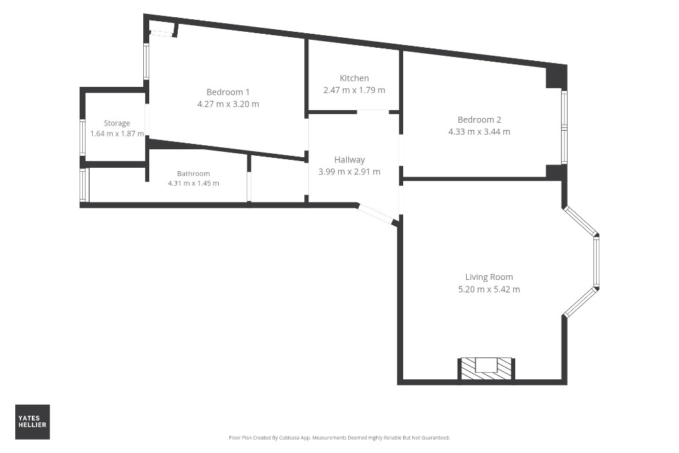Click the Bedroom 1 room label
228,92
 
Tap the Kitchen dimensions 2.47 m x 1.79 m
354,90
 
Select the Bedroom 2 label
479,119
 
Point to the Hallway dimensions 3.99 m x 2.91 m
349,172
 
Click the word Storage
117,123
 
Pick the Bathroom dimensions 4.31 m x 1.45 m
194,183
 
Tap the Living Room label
489,277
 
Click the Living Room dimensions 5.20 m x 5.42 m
489,289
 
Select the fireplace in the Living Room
486,369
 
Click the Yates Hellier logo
32,422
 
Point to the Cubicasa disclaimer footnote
339,438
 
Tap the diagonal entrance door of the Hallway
375,214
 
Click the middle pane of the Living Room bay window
596,262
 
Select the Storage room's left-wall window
82,137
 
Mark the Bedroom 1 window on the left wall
147,62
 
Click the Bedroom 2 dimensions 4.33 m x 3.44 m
479,132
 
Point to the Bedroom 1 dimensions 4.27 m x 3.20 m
228,104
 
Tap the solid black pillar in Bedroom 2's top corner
556,77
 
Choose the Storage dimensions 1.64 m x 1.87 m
117,134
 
